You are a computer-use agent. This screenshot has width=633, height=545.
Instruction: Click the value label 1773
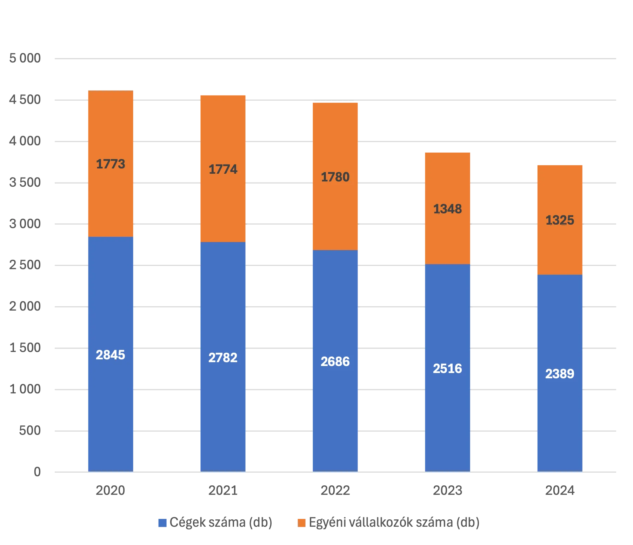pyautogui.click(x=111, y=164)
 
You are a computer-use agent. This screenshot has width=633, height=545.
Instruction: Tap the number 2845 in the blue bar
pyautogui.click(x=111, y=355)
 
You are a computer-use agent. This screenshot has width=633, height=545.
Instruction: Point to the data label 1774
pyautogui.click(x=223, y=169)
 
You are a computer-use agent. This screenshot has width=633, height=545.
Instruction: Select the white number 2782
pyautogui.click(x=223, y=358)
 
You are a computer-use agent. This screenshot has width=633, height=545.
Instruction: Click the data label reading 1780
pyautogui.click(x=335, y=177)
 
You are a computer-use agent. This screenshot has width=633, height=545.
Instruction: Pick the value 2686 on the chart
pyautogui.click(x=335, y=361)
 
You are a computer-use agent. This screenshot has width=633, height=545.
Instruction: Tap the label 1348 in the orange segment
pyautogui.click(x=447, y=209)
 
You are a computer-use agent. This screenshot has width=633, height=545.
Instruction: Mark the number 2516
pyautogui.click(x=447, y=368)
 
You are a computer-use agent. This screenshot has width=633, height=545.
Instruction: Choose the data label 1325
pyautogui.click(x=560, y=220)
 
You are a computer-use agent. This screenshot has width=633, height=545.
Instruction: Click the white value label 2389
pyautogui.click(x=560, y=374)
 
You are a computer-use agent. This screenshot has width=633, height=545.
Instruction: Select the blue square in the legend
pyautogui.click(x=162, y=523)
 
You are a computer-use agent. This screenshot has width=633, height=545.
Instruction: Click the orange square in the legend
pyautogui.click(x=302, y=523)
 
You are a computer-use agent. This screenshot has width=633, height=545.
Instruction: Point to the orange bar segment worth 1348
pyautogui.click(x=447, y=239)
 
